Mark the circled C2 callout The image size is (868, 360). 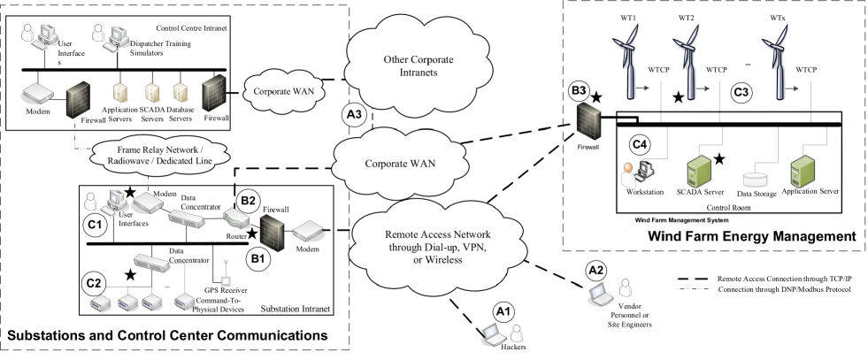(94, 283)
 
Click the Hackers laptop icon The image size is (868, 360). (492, 334)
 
